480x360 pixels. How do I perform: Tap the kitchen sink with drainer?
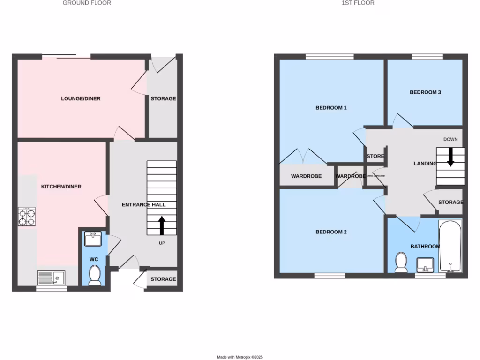[x=52, y=278]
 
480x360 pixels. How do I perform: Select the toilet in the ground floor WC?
[x=95, y=275]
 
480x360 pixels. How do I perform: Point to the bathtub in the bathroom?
[x=450, y=247]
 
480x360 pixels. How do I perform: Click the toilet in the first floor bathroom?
[x=401, y=262]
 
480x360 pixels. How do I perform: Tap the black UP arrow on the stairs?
[x=162, y=225]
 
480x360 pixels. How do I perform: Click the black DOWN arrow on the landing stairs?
[x=450, y=157]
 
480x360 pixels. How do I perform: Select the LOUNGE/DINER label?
[x=81, y=98]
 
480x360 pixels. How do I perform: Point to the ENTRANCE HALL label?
[x=143, y=205]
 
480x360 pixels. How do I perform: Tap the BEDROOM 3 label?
[x=425, y=92]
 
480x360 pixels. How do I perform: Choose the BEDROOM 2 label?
[x=331, y=232]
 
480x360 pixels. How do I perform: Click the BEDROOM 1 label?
[x=331, y=108]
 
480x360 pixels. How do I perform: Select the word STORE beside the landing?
[x=375, y=156]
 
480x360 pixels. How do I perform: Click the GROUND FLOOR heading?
[x=87, y=3]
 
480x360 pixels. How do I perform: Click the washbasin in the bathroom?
[x=426, y=265]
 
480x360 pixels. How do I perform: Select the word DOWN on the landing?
[x=450, y=139]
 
